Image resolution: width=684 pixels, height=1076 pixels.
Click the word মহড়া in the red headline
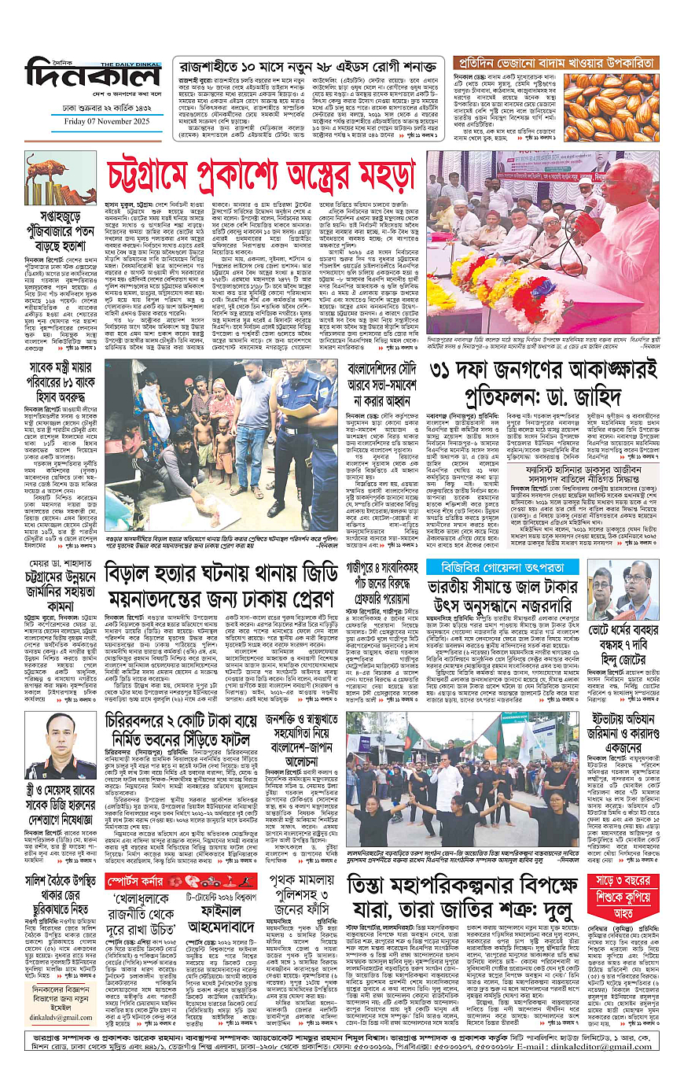[x=373, y=170]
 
